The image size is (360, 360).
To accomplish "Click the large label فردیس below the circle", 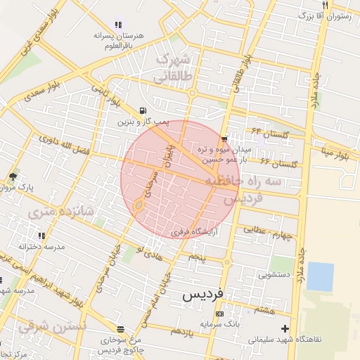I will (202, 295).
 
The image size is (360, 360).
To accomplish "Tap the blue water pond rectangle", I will (320, 276).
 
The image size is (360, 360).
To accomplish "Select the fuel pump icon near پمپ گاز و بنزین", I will (143, 110).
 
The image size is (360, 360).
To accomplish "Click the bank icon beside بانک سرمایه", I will (220, 313).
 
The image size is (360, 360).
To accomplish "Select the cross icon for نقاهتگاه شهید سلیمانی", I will (284, 328).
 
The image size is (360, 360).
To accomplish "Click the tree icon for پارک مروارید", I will (12, 176).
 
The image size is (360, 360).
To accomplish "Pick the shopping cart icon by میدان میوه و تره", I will (224, 139).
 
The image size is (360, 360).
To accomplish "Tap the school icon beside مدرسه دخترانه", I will (41, 236).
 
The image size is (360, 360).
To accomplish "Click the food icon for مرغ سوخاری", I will (121, 328).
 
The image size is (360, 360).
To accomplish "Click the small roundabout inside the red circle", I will (139, 205).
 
